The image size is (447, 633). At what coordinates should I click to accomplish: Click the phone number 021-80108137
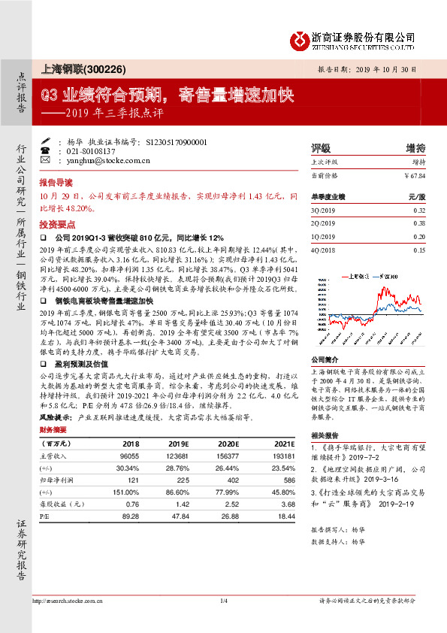click(x=95, y=150)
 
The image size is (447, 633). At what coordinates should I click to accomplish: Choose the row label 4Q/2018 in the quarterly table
click(x=324, y=249)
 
